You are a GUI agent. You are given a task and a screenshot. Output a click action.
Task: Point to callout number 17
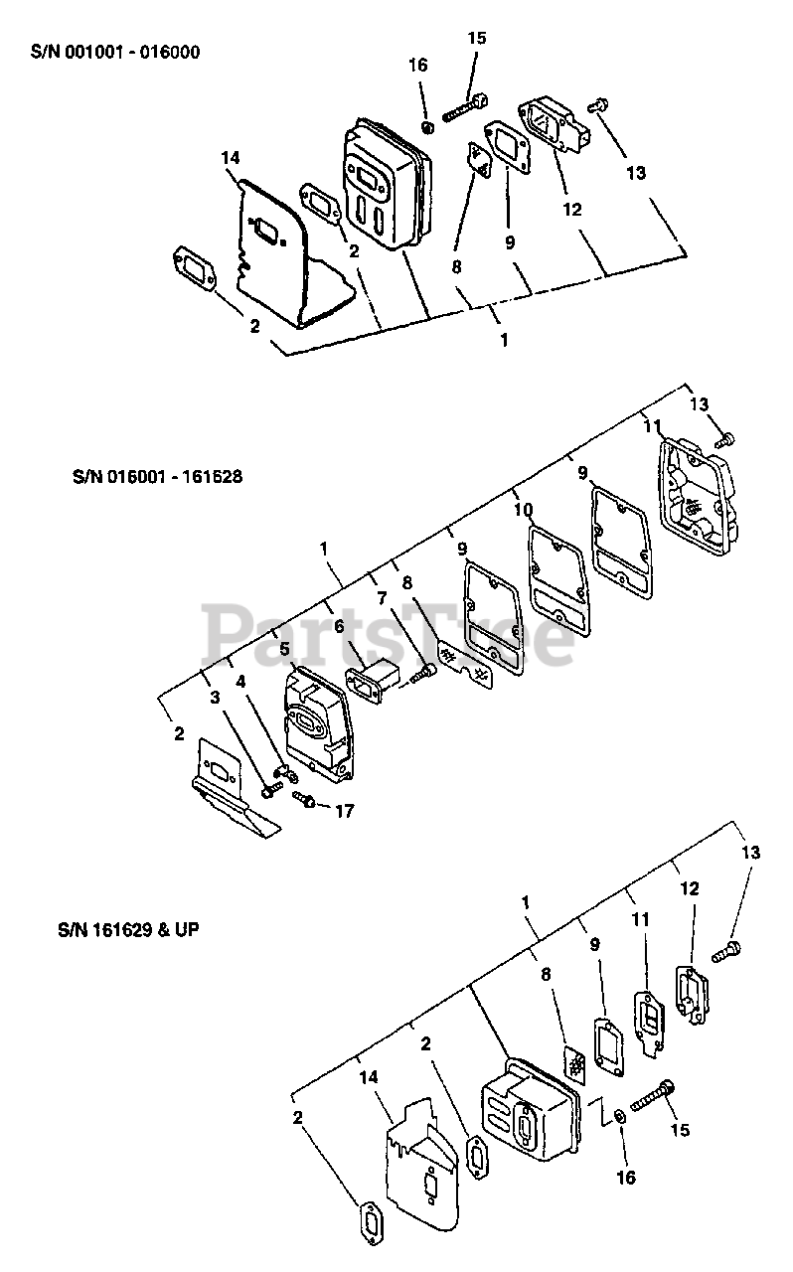(344, 811)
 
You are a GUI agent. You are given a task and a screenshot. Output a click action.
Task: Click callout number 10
(524, 510)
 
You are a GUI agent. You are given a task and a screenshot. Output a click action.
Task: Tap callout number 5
(285, 648)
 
